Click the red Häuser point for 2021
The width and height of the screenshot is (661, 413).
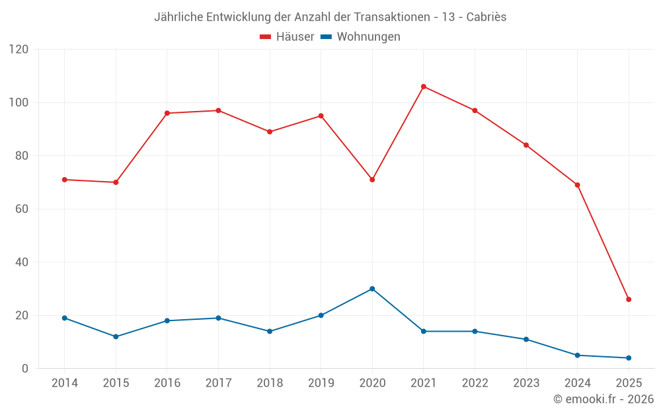click(424, 87)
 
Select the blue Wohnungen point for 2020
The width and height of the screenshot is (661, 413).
click(372, 289)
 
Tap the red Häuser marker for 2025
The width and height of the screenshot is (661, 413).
click(629, 299)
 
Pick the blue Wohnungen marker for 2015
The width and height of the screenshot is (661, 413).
click(116, 336)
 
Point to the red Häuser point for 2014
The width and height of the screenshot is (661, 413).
click(65, 180)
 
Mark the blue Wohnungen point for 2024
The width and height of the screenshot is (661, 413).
click(577, 355)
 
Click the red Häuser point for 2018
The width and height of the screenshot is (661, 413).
click(270, 131)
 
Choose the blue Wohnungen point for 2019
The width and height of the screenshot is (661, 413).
click(321, 315)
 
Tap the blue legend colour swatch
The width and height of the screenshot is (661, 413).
click(326, 37)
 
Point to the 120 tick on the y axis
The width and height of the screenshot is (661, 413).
click(19, 50)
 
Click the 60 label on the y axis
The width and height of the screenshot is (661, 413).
click(22, 209)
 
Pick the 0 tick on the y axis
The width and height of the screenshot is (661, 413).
click(25, 368)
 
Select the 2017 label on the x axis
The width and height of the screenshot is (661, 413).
click(218, 383)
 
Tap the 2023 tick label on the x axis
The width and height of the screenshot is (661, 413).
click(526, 383)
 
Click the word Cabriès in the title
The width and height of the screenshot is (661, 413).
click(485, 17)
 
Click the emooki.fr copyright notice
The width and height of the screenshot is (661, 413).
click(603, 399)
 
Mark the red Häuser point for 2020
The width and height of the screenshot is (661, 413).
click(372, 180)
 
